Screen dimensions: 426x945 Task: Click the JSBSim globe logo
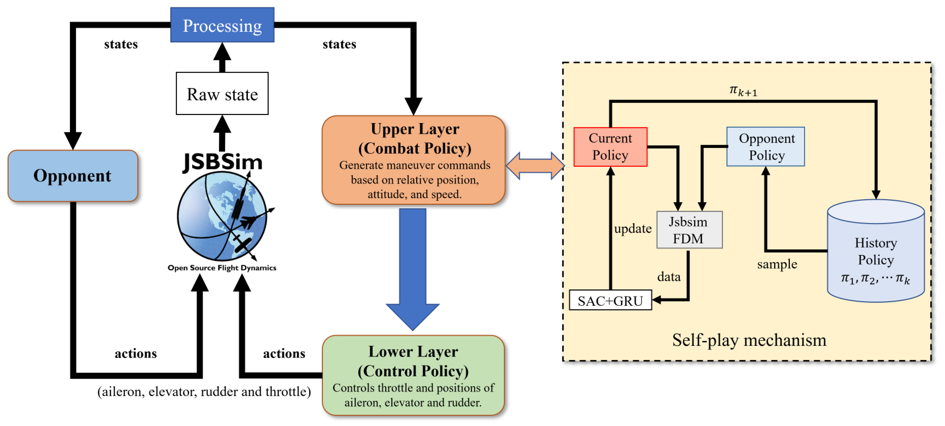click(222, 217)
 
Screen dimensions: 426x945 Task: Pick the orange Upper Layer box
click(413, 160)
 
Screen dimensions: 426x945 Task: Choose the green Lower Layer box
click(413, 375)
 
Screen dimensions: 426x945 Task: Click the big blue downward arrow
click(412, 268)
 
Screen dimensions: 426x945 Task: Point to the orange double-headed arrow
click(535, 166)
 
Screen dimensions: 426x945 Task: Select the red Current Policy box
click(610, 147)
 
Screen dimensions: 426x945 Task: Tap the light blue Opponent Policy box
click(766, 147)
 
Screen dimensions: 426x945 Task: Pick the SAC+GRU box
click(610, 300)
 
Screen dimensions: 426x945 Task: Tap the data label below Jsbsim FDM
click(668, 276)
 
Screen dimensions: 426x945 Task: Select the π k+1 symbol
click(743, 90)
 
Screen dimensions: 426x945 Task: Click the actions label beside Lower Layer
click(284, 353)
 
